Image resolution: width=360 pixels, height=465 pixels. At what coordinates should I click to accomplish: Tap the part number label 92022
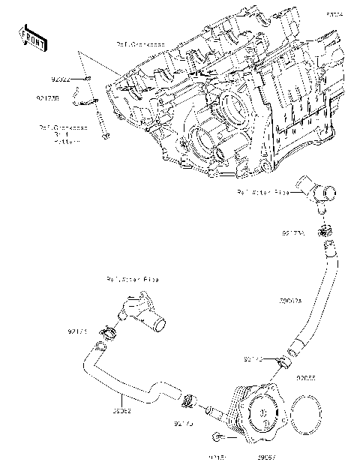[x=61, y=78]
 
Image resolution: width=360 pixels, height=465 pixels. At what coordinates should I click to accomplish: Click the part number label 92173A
[x=293, y=233]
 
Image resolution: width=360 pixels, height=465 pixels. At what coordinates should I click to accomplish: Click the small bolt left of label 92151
[x=218, y=437]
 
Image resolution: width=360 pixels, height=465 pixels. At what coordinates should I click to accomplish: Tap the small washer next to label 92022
[x=87, y=78]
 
